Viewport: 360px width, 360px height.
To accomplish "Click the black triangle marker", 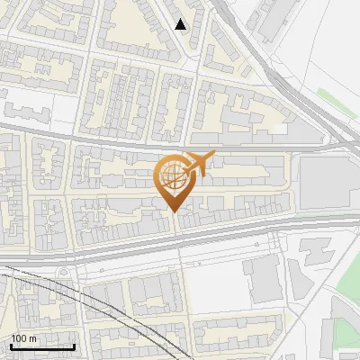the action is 182,24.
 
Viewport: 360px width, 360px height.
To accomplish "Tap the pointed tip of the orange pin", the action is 173,211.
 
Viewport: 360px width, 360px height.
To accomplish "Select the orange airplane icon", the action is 200,164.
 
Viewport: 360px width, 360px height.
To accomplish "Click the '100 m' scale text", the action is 24,338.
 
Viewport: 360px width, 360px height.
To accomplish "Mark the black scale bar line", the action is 42,346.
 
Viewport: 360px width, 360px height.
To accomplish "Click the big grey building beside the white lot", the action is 263,279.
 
